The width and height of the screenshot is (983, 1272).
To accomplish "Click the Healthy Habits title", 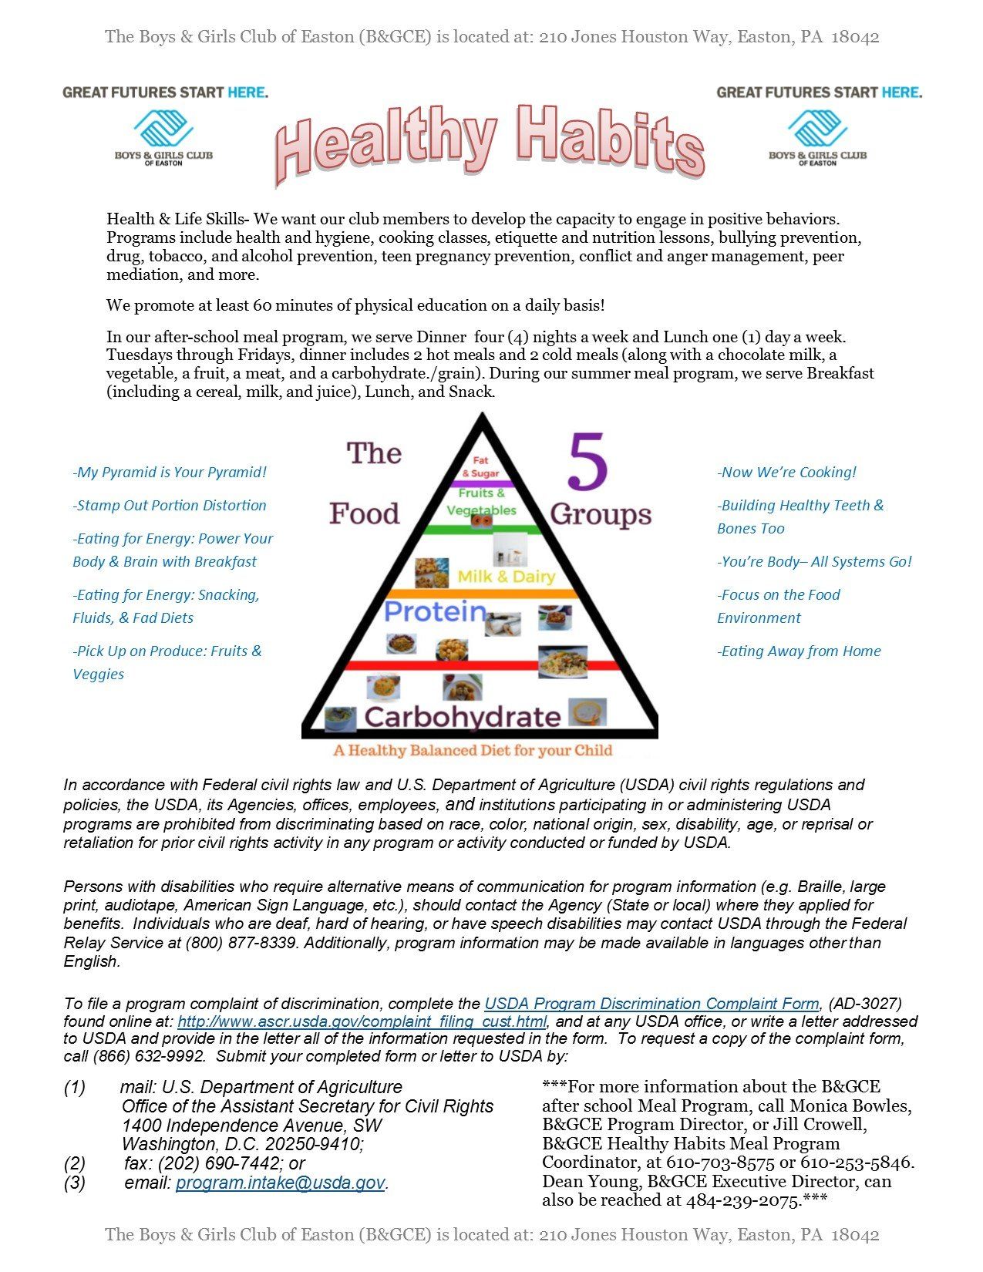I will click(x=490, y=143).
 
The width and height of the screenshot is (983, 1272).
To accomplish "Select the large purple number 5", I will click(x=588, y=463).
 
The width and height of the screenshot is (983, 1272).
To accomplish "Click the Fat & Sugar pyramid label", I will click(x=481, y=467).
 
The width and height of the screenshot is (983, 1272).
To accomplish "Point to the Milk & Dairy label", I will click(x=507, y=577).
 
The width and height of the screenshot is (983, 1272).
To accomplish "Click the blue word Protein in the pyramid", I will click(x=436, y=612).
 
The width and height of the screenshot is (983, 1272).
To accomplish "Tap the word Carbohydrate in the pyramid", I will click(x=463, y=717).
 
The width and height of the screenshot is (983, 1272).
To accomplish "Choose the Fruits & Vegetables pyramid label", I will click(x=482, y=502).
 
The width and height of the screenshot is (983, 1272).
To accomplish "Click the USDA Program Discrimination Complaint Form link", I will click(x=651, y=1004).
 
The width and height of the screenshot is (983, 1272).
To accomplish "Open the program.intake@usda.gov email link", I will click(x=280, y=1183).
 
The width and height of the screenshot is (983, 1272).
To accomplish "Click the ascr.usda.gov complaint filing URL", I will click(x=362, y=1022).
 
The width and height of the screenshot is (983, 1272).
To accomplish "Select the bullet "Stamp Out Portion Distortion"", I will click(x=170, y=506).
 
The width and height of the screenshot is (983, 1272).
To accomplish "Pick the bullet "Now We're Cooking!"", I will click(x=786, y=473).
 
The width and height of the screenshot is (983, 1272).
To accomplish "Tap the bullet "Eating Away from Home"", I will click(x=799, y=651).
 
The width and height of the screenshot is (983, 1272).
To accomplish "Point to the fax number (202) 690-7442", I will click(x=221, y=1163).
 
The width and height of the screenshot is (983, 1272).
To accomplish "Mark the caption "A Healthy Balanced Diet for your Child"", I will click(x=473, y=751).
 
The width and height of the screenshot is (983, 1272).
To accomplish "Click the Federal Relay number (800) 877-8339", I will click(x=241, y=943).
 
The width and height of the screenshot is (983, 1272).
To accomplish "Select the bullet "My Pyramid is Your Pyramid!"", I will click(x=170, y=473).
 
